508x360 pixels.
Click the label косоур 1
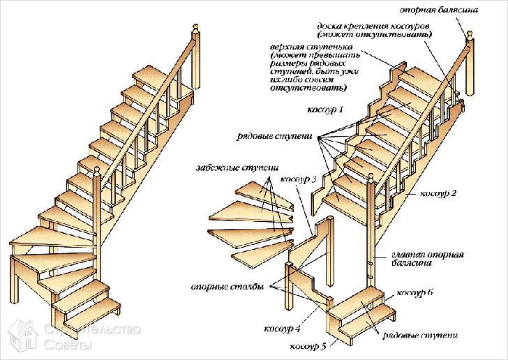click(x=326, y=110)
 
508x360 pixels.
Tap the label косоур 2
click(x=439, y=192)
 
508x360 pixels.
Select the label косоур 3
click(x=299, y=179)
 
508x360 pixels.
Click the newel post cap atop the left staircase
click(x=196, y=30)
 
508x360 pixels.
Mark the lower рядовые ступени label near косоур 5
click(x=421, y=336)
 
